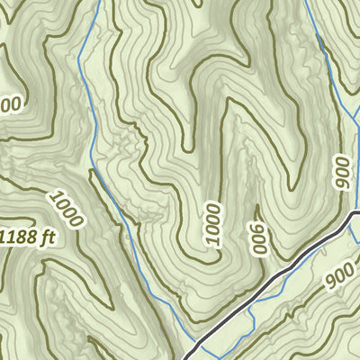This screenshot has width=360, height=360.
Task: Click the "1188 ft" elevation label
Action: [x=27, y=238]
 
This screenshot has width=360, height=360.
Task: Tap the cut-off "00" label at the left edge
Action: [x=9, y=106]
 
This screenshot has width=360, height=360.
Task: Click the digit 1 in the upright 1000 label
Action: [x=211, y=240]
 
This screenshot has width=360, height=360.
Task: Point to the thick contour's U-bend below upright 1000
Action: [x=211, y=258]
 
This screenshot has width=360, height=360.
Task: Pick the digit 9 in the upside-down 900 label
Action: [x=259, y=249]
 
